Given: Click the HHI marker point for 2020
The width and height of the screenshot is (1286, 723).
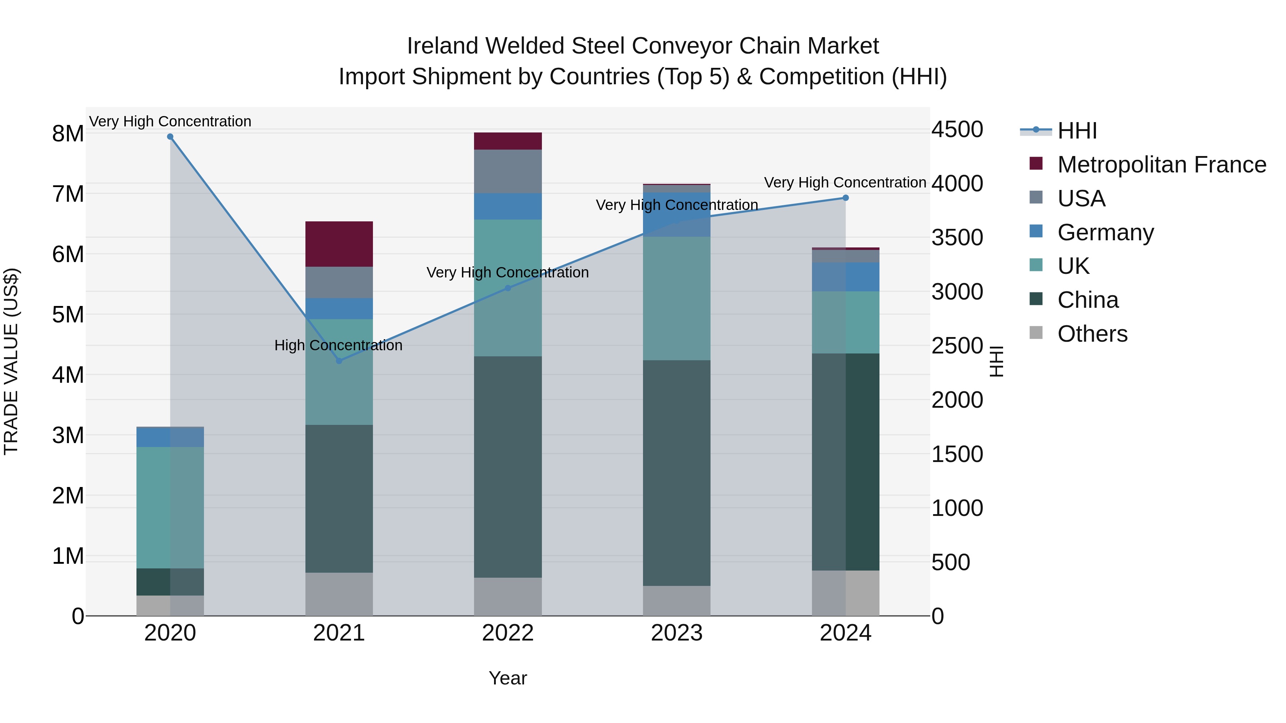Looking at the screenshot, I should coord(170,137).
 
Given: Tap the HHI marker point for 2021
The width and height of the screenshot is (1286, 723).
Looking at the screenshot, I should coord(339,361).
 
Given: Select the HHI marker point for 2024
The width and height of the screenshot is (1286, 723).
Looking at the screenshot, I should coord(846,198).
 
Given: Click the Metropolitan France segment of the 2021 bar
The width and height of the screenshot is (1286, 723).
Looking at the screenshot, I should coord(339,244).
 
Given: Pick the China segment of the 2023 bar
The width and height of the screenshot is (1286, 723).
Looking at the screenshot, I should coord(677,473).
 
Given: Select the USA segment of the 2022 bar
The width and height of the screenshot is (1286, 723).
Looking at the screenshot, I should coord(508,171).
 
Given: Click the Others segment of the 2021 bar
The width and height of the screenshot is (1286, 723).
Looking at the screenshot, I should coord(339,594).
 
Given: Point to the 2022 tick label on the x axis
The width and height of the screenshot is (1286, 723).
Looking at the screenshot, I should coord(508,633).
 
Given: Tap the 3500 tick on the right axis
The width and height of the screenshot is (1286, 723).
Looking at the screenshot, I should coord(957,237).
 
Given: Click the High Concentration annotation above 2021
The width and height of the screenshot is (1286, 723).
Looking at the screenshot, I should coord(339,345).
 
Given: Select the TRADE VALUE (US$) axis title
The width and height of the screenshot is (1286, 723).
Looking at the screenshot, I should coord(11,362).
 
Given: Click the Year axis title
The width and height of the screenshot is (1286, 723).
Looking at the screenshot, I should coord(508,678).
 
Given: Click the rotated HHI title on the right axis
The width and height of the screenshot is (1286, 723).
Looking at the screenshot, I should coord(996,362).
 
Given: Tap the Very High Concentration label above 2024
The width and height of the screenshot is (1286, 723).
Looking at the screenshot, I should coord(845,182).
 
